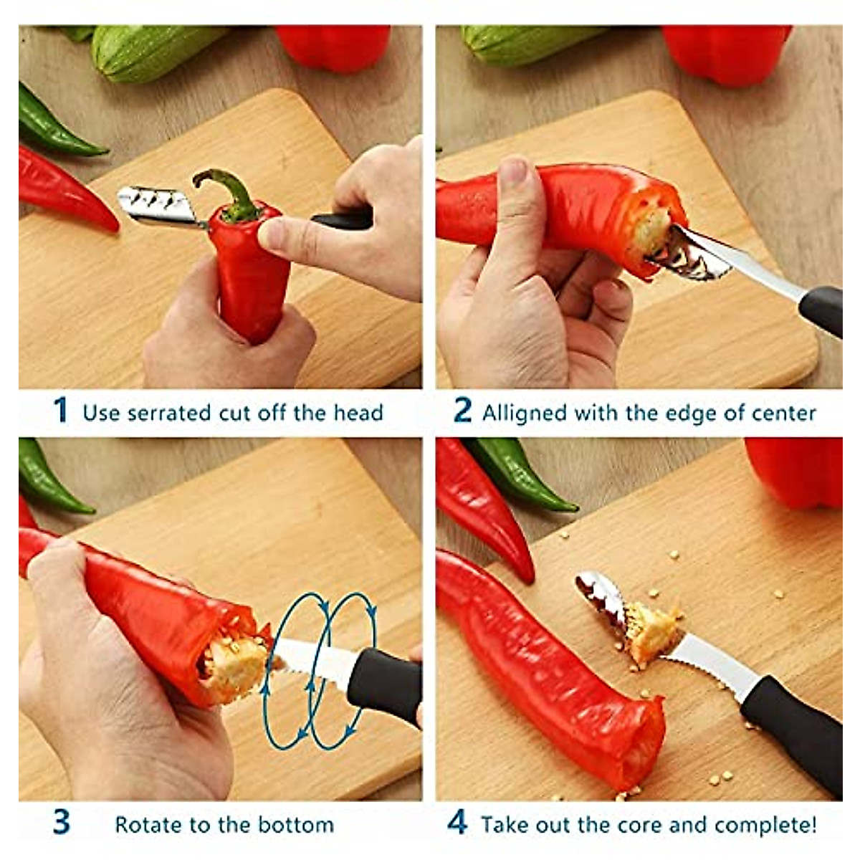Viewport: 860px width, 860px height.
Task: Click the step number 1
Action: click(61, 411)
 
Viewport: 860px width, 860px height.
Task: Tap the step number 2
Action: click(463, 411)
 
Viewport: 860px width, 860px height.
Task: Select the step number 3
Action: click(62, 822)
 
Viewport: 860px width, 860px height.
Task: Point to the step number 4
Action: click(457, 822)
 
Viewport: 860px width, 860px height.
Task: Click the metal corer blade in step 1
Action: click(154, 206)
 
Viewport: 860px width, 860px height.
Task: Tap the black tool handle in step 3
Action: click(383, 685)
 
